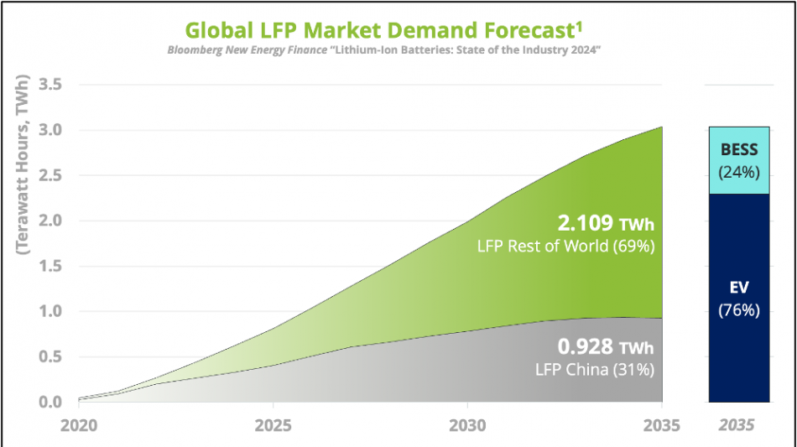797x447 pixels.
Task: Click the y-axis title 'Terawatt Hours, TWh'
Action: click(x=23, y=168)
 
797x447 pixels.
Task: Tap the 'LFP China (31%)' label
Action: click(x=596, y=370)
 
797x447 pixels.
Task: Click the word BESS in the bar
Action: click(x=739, y=151)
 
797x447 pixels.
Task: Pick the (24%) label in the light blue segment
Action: click(x=739, y=173)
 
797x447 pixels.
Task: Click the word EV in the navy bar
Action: click(x=739, y=287)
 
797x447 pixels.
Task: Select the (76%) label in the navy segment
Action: click(x=739, y=310)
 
